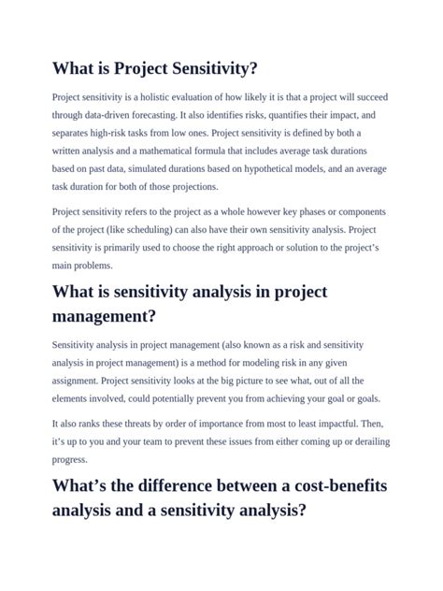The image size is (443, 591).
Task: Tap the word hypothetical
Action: click(285, 168)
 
